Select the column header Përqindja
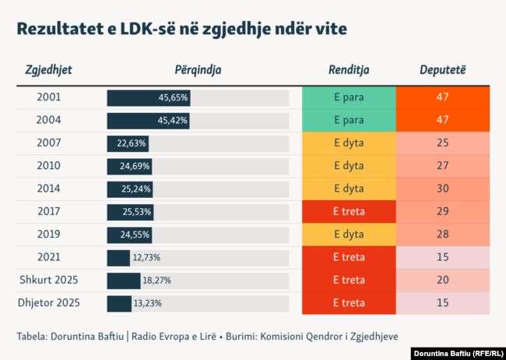click(x=199, y=70)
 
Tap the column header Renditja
click(x=349, y=70)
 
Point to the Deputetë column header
click(x=442, y=70)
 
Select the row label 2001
click(x=49, y=98)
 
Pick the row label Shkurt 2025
click(x=49, y=280)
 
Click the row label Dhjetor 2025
click(x=49, y=303)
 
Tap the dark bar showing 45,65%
click(x=149, y=98)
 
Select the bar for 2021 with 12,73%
click(x=118, y=257)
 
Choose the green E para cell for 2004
click(x=349, y=121)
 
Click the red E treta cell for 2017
click(x=349, y=212)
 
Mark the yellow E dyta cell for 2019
click(x=349, y=235)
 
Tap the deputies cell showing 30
click(x=442, y=189)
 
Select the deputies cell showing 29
click(x=442, y=212)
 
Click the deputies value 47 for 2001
click(x=442, y=98)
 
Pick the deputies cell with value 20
click(x=442, y=281)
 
